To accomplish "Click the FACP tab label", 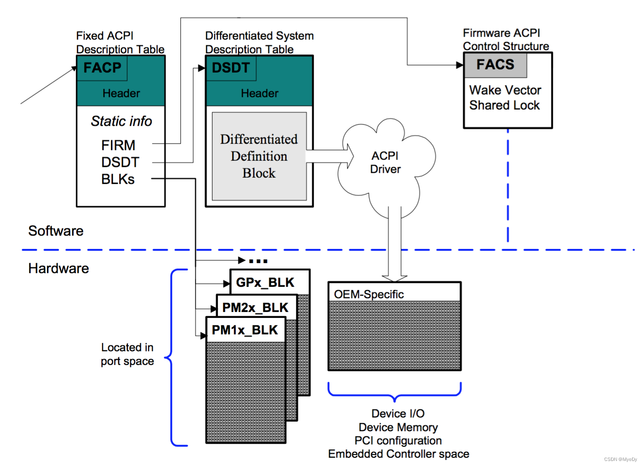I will (102, 68).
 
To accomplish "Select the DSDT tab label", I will (231, 68).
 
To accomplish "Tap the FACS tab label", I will (495, 64).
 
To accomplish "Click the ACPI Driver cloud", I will (385, 163).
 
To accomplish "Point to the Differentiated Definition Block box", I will (259, 156).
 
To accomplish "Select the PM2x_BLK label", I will (255, 307).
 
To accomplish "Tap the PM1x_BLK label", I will (245, 330).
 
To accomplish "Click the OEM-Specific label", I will (369, 294).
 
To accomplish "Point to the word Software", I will (56, 231).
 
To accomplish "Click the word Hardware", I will (58, 268).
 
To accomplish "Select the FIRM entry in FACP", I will (118, 145).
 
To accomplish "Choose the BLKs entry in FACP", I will (118, 179).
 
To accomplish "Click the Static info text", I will (121, 121).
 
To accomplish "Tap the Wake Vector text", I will (505, 90).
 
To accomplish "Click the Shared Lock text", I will (504, 105).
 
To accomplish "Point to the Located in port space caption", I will (127, 354).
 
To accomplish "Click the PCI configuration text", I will (398, 440).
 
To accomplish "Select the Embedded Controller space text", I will (398, 454).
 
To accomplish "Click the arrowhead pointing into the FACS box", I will (459, 65).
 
